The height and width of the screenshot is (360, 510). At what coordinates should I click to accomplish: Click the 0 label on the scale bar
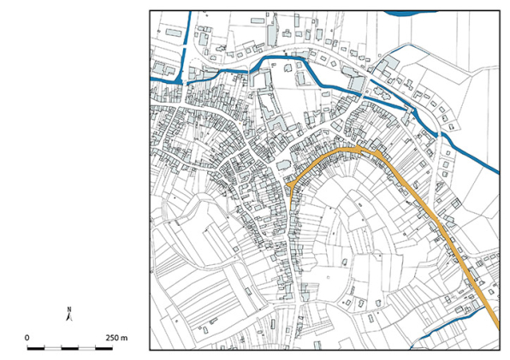pyautogui.click(x=27, y=338)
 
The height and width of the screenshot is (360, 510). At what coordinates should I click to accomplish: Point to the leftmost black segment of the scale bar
pyautogui.click(x=35, y=349)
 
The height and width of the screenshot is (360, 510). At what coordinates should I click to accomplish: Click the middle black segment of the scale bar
pyautogui.click(x=68, y=349)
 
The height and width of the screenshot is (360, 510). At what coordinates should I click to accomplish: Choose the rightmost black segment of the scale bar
pyautogui.click(x=102, y=349)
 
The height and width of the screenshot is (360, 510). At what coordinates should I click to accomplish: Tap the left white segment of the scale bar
pyautogui.click(x=52, y=349)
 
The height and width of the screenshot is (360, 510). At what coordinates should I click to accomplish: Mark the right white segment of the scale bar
pyautogui.click(x=86, y=349)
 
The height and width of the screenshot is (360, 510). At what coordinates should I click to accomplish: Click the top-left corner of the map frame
pyautogui.click(x=150, y=11)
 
